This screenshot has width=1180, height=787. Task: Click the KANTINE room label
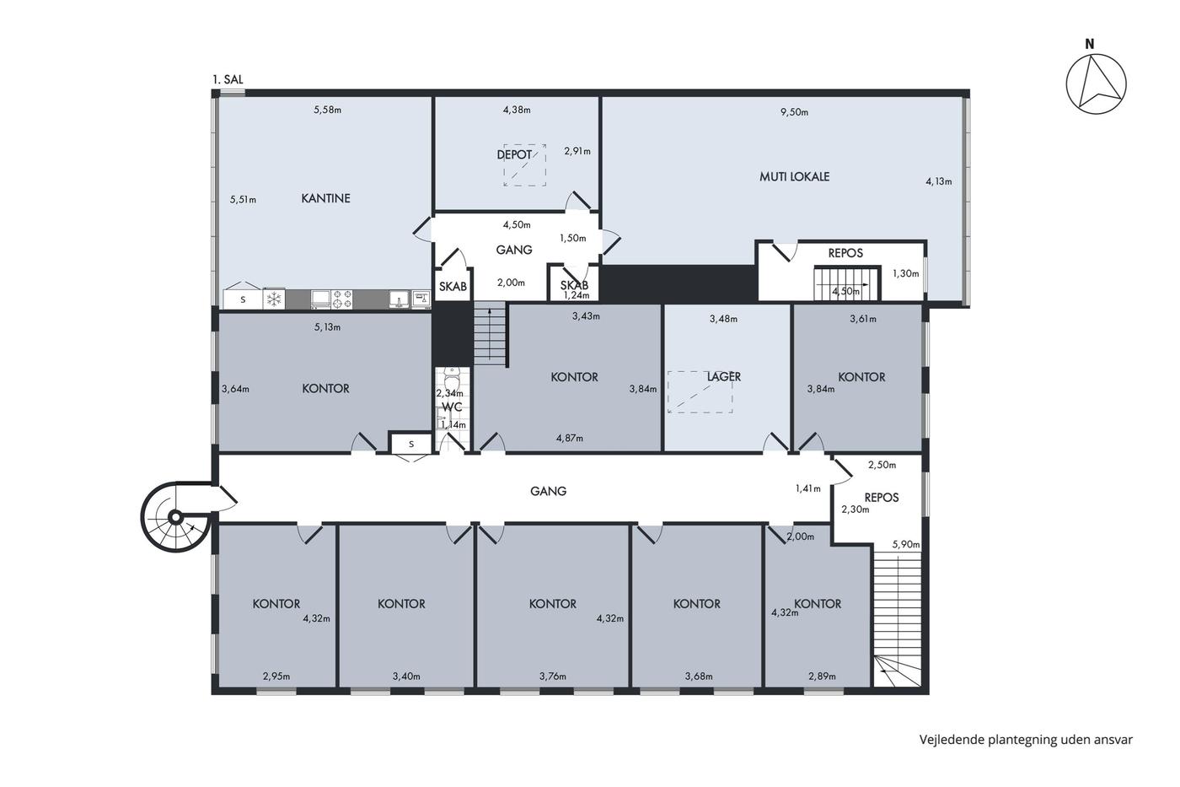325,198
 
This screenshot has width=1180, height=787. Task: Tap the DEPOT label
514,155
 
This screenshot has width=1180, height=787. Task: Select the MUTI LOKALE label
794,176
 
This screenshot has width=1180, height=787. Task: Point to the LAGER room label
724,377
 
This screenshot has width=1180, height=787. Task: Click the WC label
452,407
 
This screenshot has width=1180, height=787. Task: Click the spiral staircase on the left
176,516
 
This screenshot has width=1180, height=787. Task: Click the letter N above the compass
1089,44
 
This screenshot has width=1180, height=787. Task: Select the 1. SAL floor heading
228,79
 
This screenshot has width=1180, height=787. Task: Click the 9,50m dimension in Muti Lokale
794,112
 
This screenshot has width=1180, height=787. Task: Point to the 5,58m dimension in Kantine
328,110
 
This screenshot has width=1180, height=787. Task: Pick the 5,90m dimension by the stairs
906,545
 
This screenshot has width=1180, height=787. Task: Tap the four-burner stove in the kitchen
342,299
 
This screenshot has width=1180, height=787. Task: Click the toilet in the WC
452,377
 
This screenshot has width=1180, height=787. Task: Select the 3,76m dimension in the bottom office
553,676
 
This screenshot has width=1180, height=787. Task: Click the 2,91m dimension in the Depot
577,151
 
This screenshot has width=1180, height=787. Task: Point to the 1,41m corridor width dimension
808,488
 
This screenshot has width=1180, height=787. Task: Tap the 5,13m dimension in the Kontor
328,327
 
